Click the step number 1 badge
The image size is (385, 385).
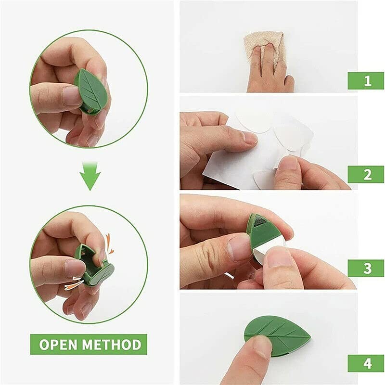pyautogui.click(x=366, y=80)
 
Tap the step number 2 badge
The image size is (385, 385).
pyautogui.click(x=366, y=174)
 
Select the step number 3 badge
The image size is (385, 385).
pyautogui.click(x=366, y=268)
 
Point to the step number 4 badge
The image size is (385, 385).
pyautogui.click(x=366, y=363)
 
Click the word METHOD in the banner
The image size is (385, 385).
pyautogui.click(x=111, y=345)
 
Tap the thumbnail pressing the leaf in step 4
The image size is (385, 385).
pyautogui.click(x=262, y=345)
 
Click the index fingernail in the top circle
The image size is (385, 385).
pyautogui.click(x=72, y=95)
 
